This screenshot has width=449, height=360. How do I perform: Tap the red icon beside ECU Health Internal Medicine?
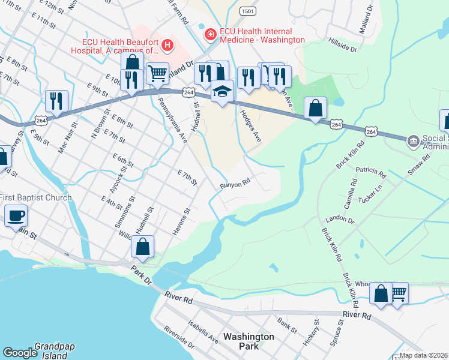coord(210,35)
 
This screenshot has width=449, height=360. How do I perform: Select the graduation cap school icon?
coord(222,92)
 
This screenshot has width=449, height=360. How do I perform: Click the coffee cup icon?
coord(16,215)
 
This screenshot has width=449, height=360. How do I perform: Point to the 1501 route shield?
coord(247,11)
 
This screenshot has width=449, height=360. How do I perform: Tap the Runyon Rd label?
coord(234,184)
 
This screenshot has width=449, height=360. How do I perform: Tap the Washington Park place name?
coord(249,341)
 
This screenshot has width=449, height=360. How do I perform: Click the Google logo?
coord(20,353)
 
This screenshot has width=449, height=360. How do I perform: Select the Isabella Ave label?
coord(204,329)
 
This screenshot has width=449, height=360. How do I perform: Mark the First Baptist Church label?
coord(36,197)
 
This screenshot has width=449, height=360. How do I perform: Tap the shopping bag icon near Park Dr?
coord(143,246)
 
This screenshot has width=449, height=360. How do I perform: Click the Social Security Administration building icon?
coord(414,142)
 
